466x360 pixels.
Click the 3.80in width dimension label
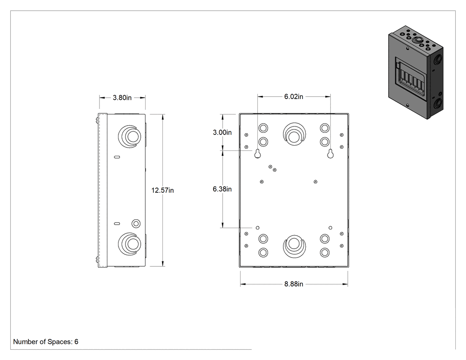click(122, 98)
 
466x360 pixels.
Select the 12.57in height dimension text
click(162, 190)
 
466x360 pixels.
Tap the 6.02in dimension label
click(294, 97)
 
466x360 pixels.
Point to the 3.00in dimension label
click(222, 132)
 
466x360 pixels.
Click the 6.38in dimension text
click(222, 189)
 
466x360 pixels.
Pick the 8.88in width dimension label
click(294, 284)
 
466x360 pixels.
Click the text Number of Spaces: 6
click(46, 342)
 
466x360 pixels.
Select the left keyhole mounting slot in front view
click(258, 154)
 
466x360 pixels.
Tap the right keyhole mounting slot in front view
click(330, 154)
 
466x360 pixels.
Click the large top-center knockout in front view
click(294, 134)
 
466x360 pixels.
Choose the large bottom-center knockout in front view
click(294, 246)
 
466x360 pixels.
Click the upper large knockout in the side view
click(130, 136)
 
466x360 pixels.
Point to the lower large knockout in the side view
click(130, 244)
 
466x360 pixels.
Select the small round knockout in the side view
click(136, 224)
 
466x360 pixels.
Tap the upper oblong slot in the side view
click(117, 157)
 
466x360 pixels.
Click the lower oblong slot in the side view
click(117, 224)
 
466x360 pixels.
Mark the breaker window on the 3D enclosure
click(411, 76)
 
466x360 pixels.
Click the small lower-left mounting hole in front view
click(258, 228)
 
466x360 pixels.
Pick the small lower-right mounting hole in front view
click(330, 228)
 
